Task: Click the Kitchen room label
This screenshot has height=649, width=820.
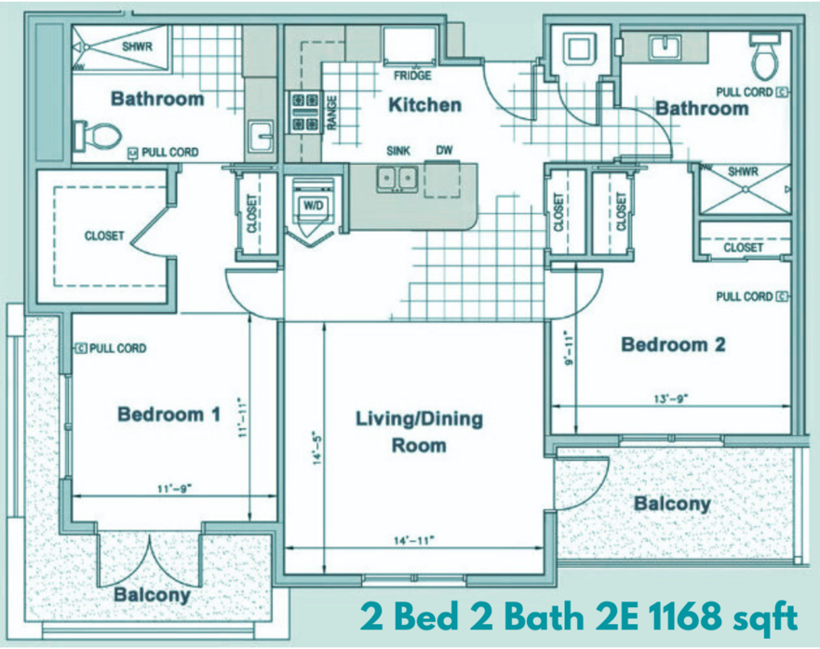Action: (424, 104)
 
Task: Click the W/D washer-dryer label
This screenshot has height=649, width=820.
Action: (314, 205)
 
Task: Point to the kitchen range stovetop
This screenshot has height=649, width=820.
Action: (305, 112)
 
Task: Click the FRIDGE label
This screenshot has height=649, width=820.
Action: (412, 75)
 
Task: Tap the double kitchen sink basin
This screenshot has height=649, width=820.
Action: (397, 178)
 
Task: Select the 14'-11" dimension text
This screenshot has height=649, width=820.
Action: (413, 540)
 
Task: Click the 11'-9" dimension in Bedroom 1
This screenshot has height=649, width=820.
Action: (175, 489)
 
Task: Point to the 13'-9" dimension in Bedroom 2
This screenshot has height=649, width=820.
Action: (671, 399)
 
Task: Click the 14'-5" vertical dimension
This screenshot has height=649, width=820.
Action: (316, 448)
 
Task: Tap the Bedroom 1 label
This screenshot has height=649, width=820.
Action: (168, 414)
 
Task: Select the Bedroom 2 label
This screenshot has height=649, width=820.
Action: (673, 345)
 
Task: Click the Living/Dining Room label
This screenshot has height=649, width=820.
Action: (419, 432)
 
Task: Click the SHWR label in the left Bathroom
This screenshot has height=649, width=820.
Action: (137, 47)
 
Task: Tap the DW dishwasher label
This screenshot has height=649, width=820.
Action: (444, 151)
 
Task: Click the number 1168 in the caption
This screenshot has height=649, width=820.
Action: (686, 617)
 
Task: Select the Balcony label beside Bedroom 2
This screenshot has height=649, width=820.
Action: (672, 504)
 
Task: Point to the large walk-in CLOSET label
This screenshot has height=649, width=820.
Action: (104, 236)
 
